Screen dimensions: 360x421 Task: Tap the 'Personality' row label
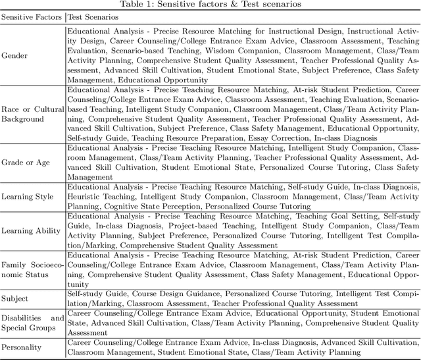point(22,347)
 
